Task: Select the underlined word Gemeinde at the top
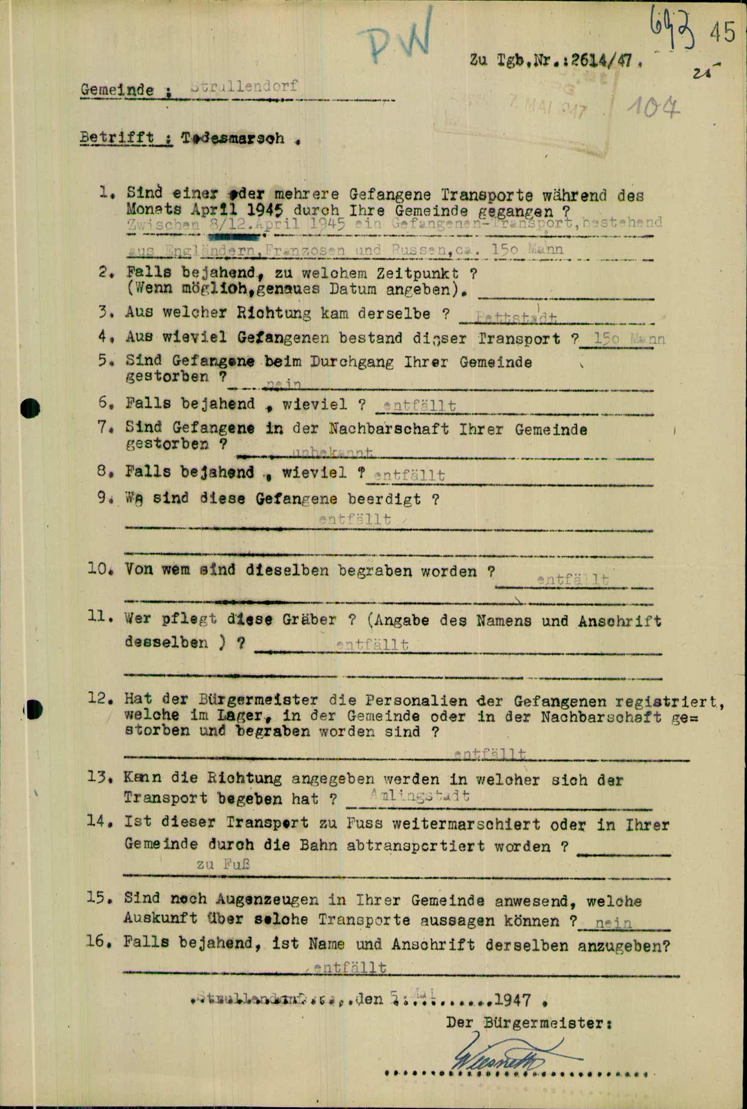point(117,89)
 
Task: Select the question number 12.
point(99,699)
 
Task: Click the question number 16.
point(99,941)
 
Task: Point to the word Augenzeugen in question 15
point(267,899)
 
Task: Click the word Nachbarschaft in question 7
point(388,429)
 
